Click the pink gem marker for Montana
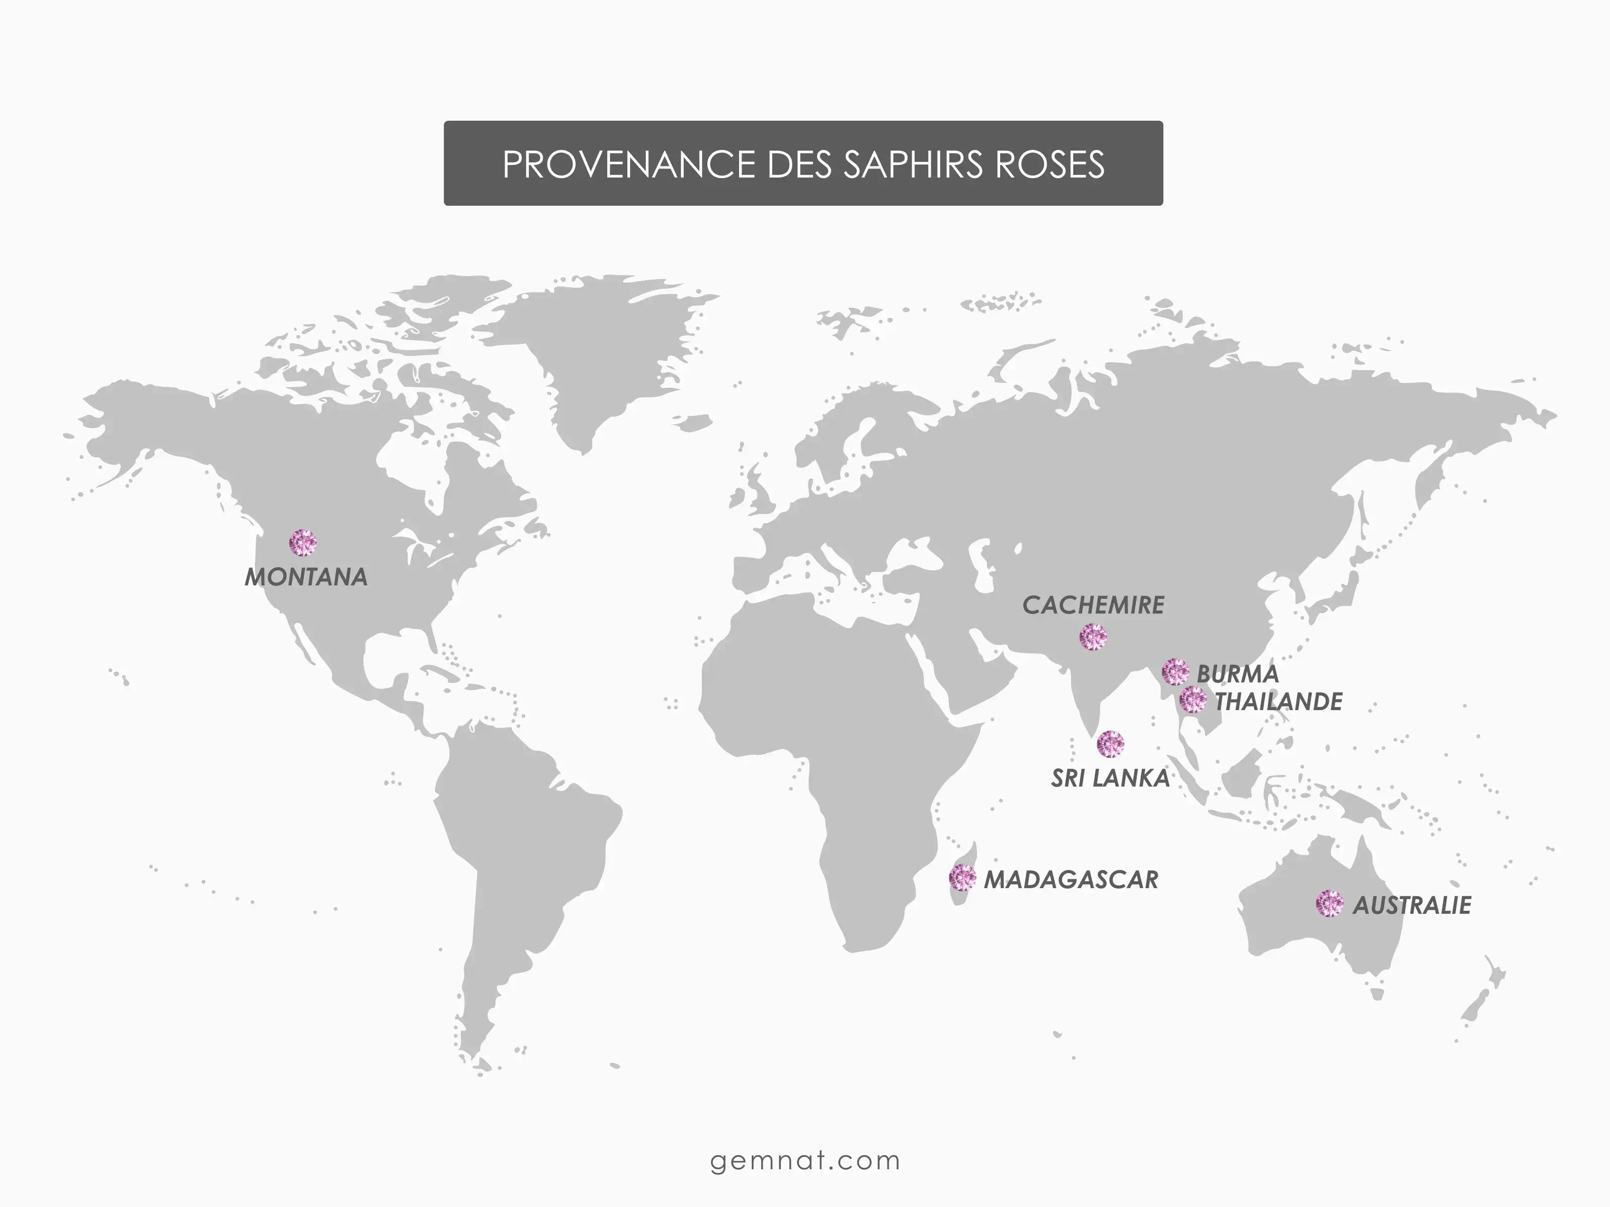[x=303, y=543]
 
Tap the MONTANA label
[x=306, y=577]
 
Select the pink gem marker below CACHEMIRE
[x=1092, y=637]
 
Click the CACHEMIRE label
[x=1093, y=605]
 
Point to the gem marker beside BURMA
[x=1175, y=671]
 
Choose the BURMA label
[x=1237, y=674]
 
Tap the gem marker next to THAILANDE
[x=1192, y=699]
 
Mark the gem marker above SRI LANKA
[x=1110, y=743]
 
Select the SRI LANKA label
[x=1110, y=779]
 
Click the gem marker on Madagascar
[x=962, y=878]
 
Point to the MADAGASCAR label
[x=1071, y=880]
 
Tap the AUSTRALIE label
[x=1411, y=905]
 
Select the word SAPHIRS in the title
[x=914, y=164]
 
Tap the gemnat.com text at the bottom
[x=805, y=1160]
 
